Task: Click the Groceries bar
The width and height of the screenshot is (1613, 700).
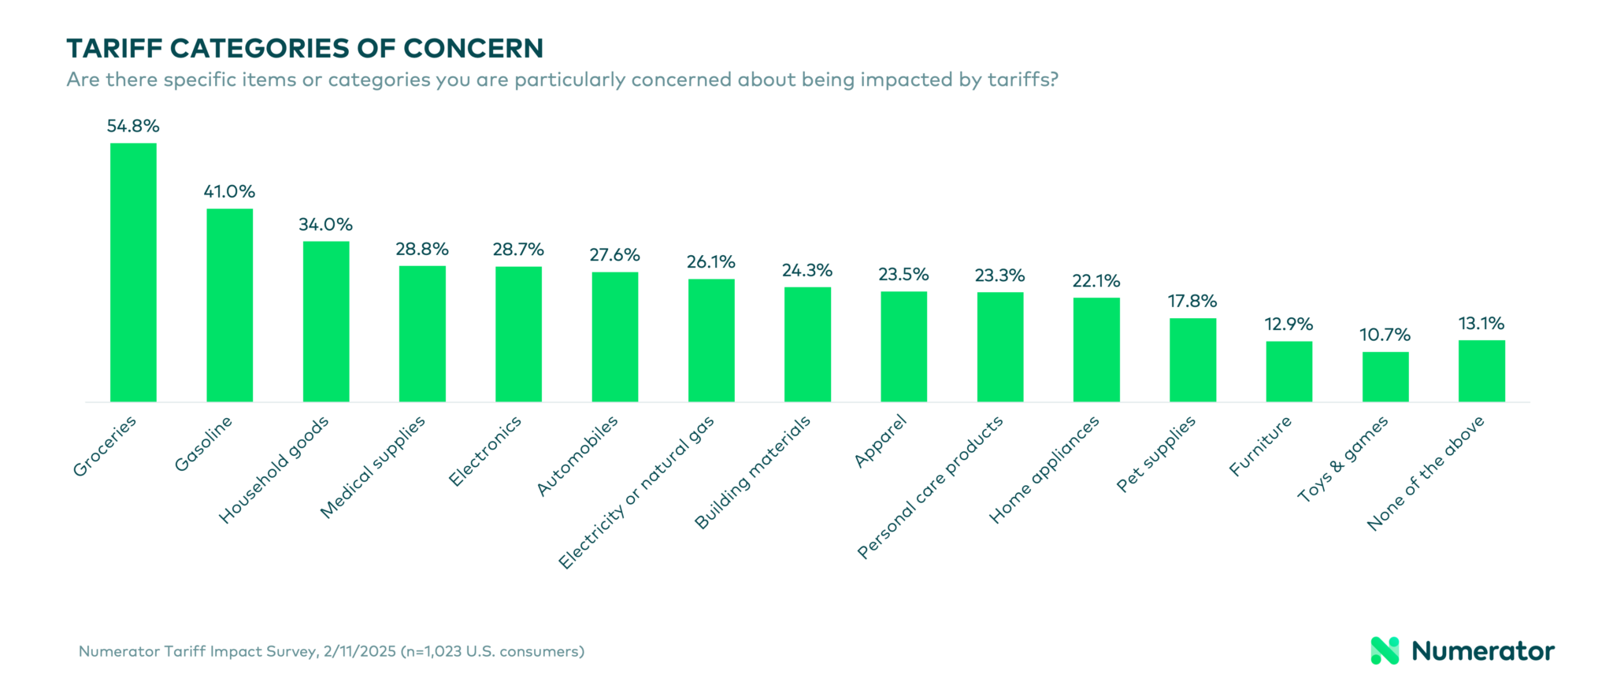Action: (x=133, y=272)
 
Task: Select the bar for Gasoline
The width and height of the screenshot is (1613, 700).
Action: (x=229, y=306)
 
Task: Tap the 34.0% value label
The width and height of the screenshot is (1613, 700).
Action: (x=325, y=225)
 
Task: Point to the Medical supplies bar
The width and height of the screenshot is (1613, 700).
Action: (x=422, y=334)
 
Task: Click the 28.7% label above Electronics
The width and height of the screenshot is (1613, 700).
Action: (x=518, y=250)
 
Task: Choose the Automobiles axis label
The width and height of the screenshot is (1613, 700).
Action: (x=577, y=456)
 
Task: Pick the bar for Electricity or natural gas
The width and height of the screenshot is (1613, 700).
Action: (x=711, y=340)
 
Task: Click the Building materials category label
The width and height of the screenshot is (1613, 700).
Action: (x=752, y=472)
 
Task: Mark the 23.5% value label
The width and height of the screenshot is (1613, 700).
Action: (x=903, y=275)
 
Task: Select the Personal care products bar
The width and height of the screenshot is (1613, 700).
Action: (x=1000, y=347)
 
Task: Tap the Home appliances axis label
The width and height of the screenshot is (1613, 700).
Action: (x=1044, y=470)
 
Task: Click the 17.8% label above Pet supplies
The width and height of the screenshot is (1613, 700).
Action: (x=1192, y=302)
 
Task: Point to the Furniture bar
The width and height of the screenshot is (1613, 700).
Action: (x=1289, y=372)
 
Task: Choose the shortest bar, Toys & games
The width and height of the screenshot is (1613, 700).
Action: (x=1385, y=377)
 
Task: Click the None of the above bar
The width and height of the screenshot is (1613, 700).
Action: (x=1481, y=371)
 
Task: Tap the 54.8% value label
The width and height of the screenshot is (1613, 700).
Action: (x=133, y=126)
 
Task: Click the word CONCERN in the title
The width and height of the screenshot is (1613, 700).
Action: (x=473, y=49)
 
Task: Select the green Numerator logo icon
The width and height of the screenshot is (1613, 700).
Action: (x=1385, y=650)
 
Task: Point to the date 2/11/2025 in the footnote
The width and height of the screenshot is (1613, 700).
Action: (x=359, y=652)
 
